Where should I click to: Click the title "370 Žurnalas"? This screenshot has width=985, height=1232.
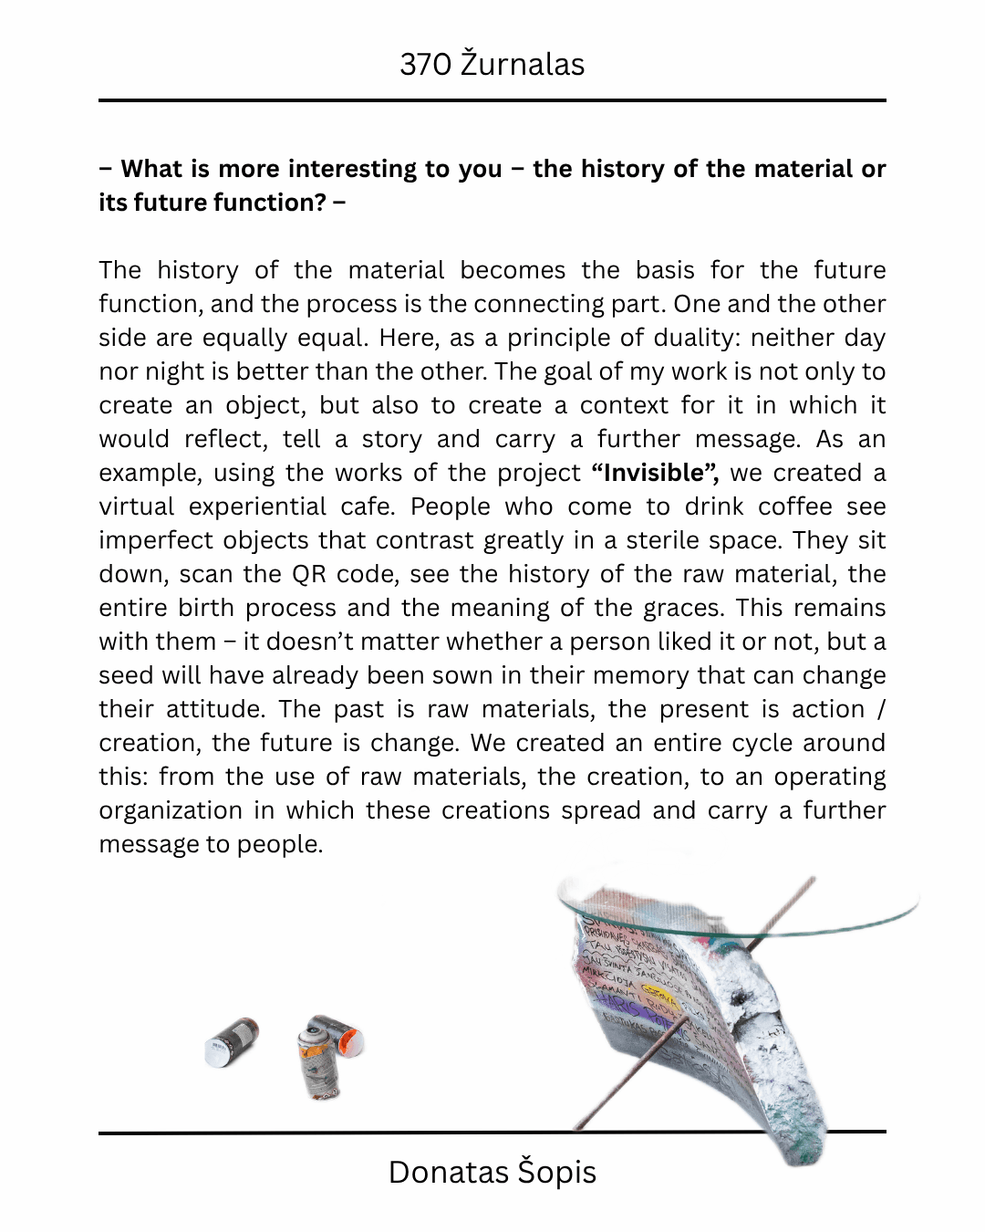(492, 65)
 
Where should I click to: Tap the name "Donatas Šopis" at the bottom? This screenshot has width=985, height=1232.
(492, 1172)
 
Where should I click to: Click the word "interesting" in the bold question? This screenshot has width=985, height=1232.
(350, 169)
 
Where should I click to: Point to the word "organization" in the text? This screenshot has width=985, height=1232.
(171, 810)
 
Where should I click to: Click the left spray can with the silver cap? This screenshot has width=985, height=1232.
(232, 1043)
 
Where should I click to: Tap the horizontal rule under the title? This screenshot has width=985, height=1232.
(492, 100)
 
